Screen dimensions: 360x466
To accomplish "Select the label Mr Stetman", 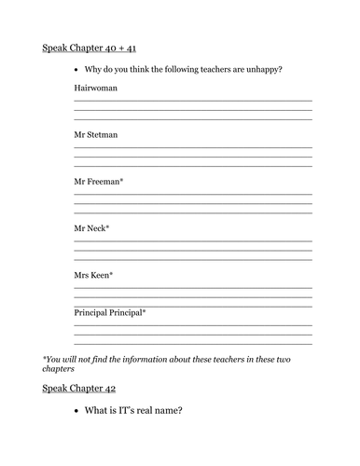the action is tap(96, 135).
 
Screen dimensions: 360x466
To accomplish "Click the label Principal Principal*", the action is tap(110, 312).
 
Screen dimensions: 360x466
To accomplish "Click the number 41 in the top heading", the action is tap(140, 47).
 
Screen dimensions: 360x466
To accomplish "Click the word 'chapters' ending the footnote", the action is tap(62, 368).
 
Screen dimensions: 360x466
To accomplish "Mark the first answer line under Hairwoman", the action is tap(192, 101).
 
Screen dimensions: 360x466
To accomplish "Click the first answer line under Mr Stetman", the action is tap(192, 147).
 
